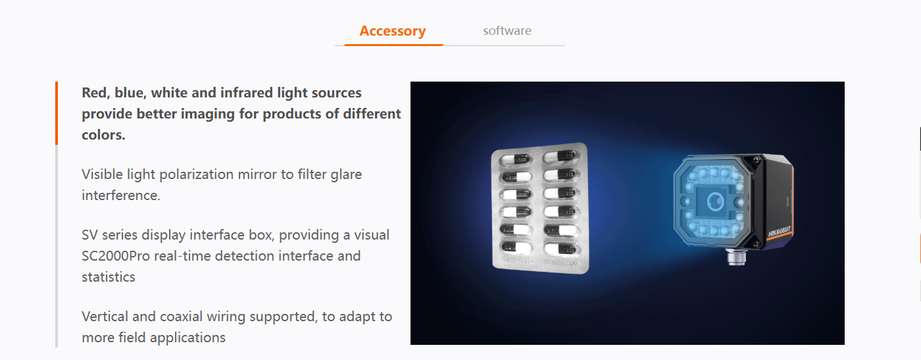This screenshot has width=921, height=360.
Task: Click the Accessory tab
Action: pos(393,31)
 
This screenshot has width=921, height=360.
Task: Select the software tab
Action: pos(507,30)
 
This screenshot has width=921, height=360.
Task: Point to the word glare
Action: pos(346,174)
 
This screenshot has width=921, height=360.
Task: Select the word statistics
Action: pos(108,277)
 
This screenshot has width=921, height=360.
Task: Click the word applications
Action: pos(187,338)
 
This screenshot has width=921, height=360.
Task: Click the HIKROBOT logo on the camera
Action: pos(780,232)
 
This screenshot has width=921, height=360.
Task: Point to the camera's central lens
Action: pos(716,201)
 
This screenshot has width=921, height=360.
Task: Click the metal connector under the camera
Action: pos(735,257)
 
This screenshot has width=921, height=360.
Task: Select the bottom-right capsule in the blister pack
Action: pos(561,249)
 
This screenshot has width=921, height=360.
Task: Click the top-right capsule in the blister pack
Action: pos(560,156)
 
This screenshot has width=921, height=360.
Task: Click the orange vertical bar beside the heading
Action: pos(57,113)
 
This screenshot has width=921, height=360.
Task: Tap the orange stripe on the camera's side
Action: pos(791,197)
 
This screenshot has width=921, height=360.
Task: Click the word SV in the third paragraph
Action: pos(90,235)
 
